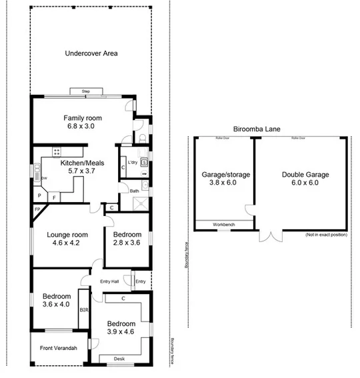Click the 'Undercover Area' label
(x=91, y=53)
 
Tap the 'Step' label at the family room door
(x=85, y=91)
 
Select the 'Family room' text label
(x=83, y=118)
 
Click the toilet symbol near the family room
(x=143, y=138)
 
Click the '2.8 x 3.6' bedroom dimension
(x=127, y=243)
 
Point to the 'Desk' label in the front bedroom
(x=119, y=359)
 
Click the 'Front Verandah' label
(x=58, y=349)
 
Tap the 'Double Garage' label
(x=305, y=175)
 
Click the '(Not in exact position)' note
(x=327, y=235)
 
